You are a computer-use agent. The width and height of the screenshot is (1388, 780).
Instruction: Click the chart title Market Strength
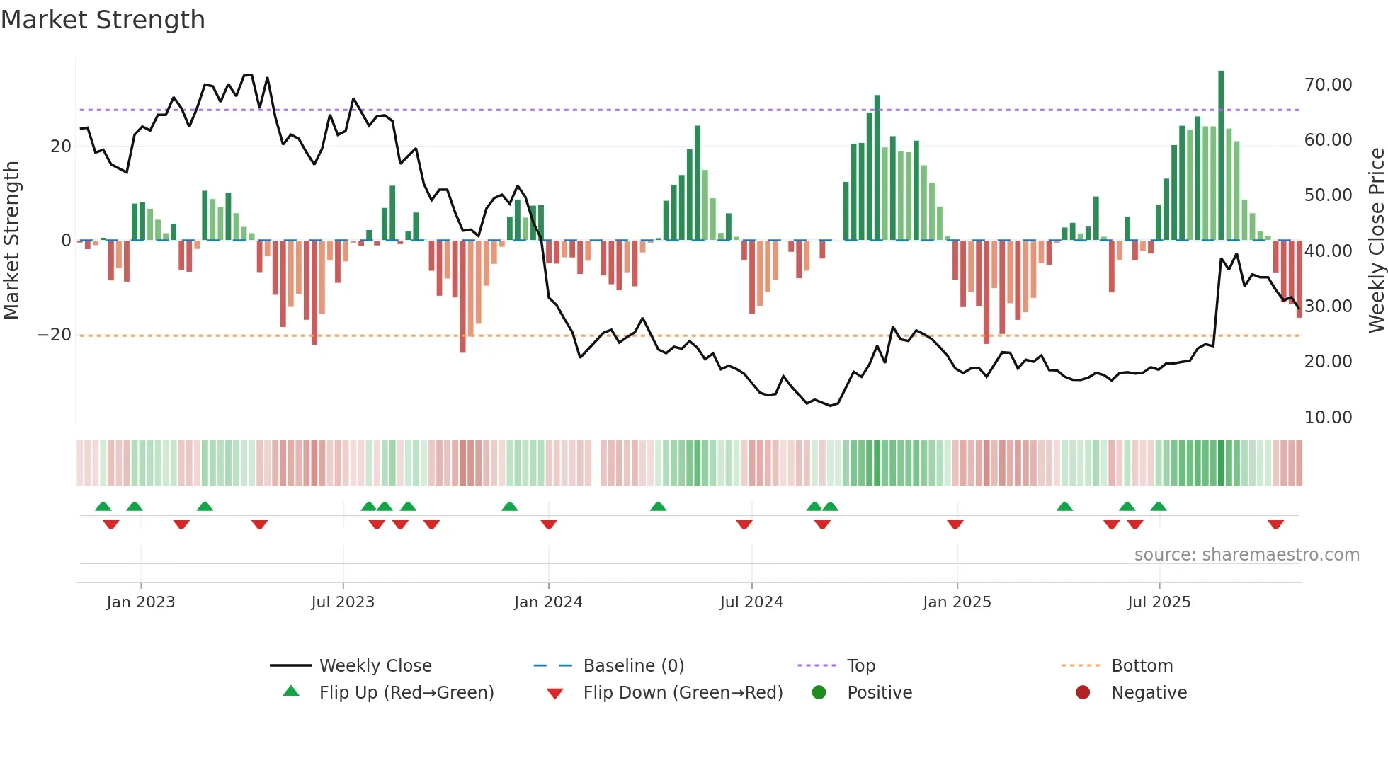[103, 20]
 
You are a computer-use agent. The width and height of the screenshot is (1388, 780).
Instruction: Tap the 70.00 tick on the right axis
[1328, 85]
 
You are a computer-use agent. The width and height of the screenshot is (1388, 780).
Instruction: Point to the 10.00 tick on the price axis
[1328, 418]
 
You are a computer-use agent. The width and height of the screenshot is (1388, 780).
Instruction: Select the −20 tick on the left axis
[55, 335]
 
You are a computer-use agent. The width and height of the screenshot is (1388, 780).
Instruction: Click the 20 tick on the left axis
[61, 147]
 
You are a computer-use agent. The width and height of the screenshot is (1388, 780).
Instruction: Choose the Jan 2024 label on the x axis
[548, 602]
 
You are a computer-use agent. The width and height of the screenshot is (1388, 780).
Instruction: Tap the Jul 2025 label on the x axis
[1159, 602]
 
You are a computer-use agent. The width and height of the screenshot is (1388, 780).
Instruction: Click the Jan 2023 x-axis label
[141, 602]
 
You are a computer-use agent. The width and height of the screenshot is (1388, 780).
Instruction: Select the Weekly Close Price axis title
[1376, 241]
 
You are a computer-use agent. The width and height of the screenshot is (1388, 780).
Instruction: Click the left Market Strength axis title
[12, 241]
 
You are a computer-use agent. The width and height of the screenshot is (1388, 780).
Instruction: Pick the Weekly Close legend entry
[375, 666]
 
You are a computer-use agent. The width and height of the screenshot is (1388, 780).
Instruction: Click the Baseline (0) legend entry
[633, 666]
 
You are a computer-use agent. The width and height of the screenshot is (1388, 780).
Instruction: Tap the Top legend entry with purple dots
[861, 666]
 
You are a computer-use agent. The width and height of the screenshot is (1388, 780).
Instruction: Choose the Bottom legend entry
[1142, 666]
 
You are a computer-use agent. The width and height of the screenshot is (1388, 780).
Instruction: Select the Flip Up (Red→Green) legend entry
[406, 693]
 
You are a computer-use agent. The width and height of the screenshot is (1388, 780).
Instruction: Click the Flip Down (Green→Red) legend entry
[683, 693]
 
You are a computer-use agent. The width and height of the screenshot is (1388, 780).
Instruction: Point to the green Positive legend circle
[819, 693]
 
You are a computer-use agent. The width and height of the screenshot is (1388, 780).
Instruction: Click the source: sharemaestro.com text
[1246, 555]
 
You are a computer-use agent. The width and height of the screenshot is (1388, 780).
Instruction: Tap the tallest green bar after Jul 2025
[1221, 156]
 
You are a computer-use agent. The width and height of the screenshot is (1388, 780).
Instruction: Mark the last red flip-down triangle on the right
[1276, 524]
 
